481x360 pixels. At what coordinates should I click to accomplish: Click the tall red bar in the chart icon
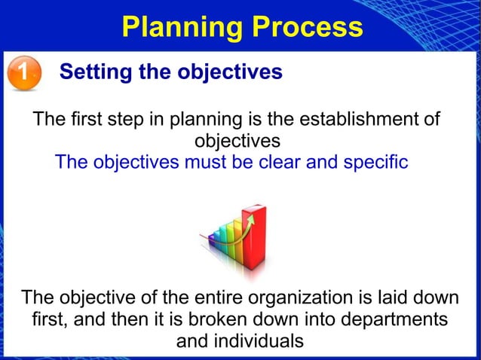pyautogui.click(x=254, y=233)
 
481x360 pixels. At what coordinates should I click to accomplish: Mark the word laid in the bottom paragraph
pyautogui.click(x=405, y=297)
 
